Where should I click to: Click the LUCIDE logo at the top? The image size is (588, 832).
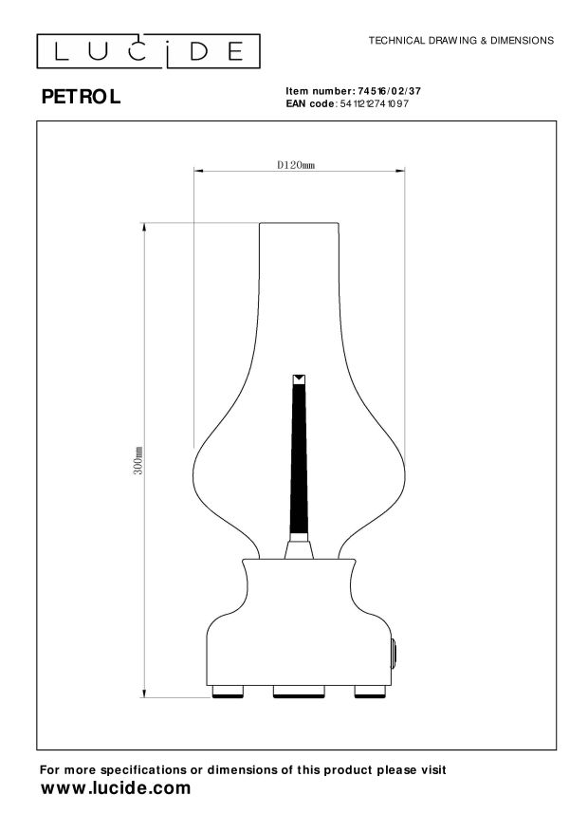coord(146,49)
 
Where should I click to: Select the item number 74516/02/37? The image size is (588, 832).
coord(385,90)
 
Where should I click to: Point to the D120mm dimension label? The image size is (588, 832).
coord(295,164)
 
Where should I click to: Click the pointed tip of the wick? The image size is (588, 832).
coord(299,379)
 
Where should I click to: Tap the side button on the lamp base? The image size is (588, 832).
coord(393,654)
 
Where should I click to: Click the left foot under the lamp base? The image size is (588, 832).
coord(226,691)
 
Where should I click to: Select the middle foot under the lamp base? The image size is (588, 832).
coord(299,691)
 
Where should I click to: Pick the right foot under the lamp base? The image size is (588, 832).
coord(369,691)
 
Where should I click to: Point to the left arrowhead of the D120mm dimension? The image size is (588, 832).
coord(196,172)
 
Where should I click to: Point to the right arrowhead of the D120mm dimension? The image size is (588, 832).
coord(402,172)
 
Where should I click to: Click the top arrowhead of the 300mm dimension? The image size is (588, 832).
coord(145,226)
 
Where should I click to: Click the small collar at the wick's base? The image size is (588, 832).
coord(299,545)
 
